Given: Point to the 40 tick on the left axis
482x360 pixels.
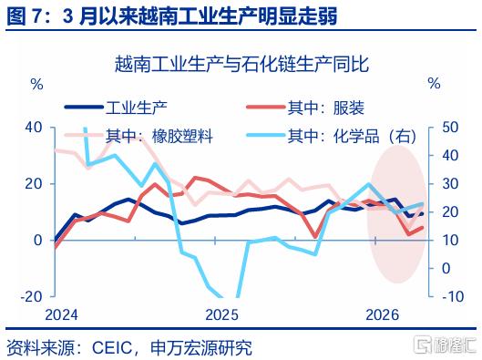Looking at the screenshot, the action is click(x=34, y=128).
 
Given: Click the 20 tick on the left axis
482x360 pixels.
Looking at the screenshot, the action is click(x=34, y=184).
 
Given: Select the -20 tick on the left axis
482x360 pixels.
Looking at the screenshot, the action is click(x=31, y=297).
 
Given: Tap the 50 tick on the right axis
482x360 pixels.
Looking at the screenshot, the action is click(x=450, y=128).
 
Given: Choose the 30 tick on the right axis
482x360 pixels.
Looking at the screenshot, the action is click(x=450, y=184).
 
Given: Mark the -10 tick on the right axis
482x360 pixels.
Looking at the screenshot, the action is click(x=453, y=297).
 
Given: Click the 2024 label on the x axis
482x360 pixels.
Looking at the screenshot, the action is click(x=61, y=314).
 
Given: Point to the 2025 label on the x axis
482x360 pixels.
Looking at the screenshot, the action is click(x=222, y=314).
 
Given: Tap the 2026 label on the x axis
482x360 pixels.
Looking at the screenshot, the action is click(x=383, y=314).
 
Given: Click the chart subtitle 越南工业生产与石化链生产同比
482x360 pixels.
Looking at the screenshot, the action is click(x=242, y=64).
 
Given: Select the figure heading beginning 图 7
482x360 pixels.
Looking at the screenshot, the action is click(x=172, y=15).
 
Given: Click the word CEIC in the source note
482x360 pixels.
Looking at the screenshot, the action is click(x=112, y=348).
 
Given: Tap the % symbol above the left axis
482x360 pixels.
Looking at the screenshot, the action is click(x=36, y=84).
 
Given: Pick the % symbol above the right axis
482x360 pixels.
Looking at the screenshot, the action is click(x=435, y=83).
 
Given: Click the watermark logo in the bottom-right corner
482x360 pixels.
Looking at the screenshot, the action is click(x=446, y=344).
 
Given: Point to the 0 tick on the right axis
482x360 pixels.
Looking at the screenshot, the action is click(x=446, y=268).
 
